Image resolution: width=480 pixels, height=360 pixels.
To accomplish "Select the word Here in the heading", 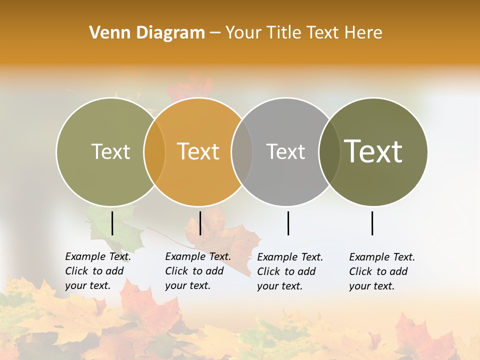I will tap(364, 33).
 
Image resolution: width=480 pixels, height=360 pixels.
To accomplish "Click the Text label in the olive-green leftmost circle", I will tap(110, 151).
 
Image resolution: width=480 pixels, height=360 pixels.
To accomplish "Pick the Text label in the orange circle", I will tap(198, 151).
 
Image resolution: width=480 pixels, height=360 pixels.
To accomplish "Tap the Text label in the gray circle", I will tap(285, 151).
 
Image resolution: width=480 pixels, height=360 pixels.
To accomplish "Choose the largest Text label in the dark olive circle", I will tap(373, 151).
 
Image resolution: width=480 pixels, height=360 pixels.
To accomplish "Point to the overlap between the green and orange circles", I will tap(154, 151).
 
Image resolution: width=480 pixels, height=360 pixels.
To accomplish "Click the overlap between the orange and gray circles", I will tap(242, 151).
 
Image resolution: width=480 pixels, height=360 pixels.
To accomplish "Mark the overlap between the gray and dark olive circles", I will tap(329, 151).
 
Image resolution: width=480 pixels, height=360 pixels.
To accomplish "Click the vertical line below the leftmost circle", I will tap(112, 223).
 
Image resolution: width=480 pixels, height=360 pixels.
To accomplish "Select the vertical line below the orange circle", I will tap(200, 223).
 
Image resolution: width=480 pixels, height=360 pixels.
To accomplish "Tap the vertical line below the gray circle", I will tap(288, 223).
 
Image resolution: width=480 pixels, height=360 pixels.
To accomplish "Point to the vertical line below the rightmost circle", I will tap(372, 223).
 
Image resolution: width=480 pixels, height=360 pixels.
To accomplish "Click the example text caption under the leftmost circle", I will tap(97, 271).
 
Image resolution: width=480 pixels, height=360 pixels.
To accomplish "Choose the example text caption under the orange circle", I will tap(197, 271).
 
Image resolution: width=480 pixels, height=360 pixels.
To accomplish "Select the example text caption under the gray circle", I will tap(289, 271).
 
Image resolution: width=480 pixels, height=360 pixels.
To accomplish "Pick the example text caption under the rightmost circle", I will tap(381, 271).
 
